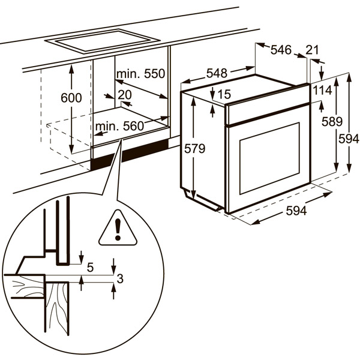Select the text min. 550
point(140,74)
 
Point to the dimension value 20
point(125,95)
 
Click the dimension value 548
point(217,73)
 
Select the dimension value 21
point(312,50)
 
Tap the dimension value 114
point(322,90)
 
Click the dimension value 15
point(224,94)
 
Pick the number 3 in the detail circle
point(120,278)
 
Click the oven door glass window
point(269,158)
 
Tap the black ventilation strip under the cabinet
point(129,155)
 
